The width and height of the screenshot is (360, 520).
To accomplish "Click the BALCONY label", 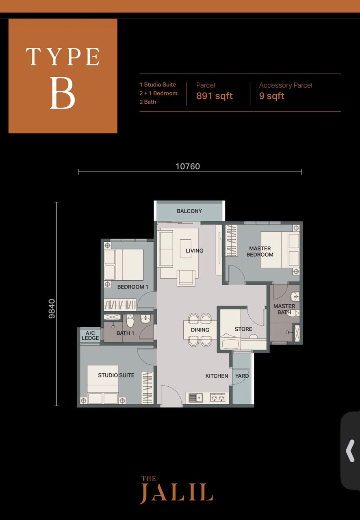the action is (x=189, y=211).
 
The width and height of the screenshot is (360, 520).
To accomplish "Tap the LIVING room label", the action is (x=194, y=251).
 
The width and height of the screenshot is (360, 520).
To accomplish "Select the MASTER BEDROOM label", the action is (x=260, y=251).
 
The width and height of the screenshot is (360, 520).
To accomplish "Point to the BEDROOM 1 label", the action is (x=132, y=287).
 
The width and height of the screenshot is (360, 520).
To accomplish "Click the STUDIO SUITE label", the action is (x=116, y=375).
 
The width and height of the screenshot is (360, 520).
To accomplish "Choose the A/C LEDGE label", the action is (x=90, y=336).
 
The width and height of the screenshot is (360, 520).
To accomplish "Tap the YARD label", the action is (x=242, y=376).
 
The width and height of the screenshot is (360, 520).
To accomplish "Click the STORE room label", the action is (x=243, y=329).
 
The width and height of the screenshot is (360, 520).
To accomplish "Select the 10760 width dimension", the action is (x=188, y=167).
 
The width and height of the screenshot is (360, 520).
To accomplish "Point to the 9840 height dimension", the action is (x=52, y=309).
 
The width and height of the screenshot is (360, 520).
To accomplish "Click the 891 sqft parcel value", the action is (x=215, y=96).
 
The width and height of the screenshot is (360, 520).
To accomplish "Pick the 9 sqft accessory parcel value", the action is (x=271, y=96).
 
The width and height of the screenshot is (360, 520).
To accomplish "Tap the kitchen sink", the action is (x=195, y=398).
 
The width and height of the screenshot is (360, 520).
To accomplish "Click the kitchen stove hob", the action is (x=218, y=398).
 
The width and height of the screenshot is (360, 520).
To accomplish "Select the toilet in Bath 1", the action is (x=130, y=321).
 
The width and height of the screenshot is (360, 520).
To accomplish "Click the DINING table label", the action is (x=200, y=330).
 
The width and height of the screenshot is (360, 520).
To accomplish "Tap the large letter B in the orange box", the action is (x=63, y=93).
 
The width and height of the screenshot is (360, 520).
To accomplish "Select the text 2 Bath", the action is (x=148, y=102).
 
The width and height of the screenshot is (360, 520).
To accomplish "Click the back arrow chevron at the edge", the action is (x=350, y=451).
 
